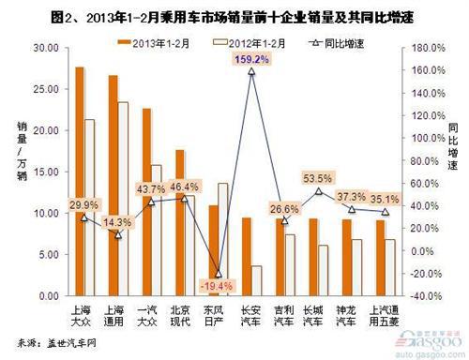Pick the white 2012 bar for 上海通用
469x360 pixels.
pyautogui.click(x=123, y=197)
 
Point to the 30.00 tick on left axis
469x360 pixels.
pyautogui.click(x=42, y=47)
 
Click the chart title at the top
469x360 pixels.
pyautogui.click(x=234, y=14)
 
